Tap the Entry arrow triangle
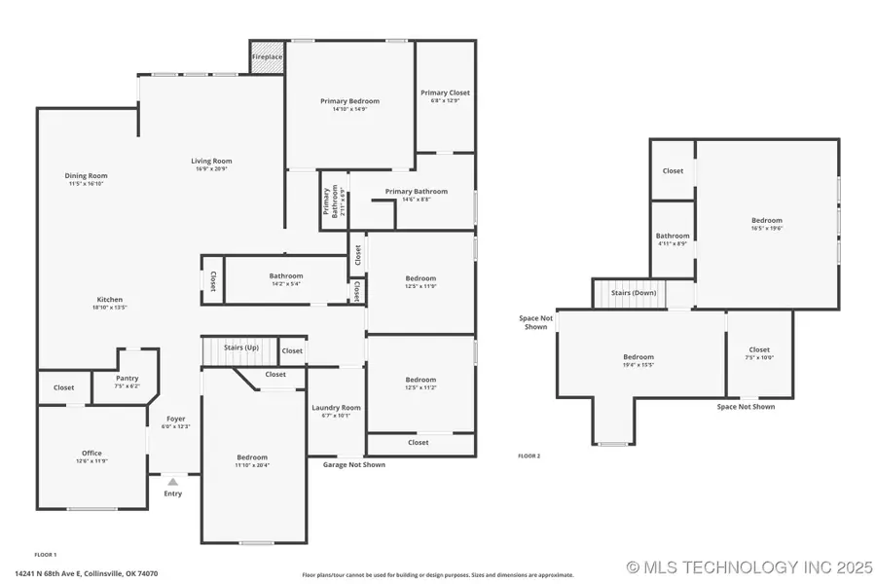[172, 481]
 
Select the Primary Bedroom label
[349, 101]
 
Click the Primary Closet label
[445, 93]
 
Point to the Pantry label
[127, 379]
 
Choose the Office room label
[91, 454]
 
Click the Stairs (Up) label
[240, 347]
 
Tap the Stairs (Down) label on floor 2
[633, 293]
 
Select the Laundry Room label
[336, 408]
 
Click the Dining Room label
[86, 175]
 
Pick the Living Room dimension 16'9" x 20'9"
[211, 169]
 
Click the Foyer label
[175, 419]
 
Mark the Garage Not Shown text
[354, 465]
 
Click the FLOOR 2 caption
[529, 456]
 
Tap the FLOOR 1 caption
[46, 554]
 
